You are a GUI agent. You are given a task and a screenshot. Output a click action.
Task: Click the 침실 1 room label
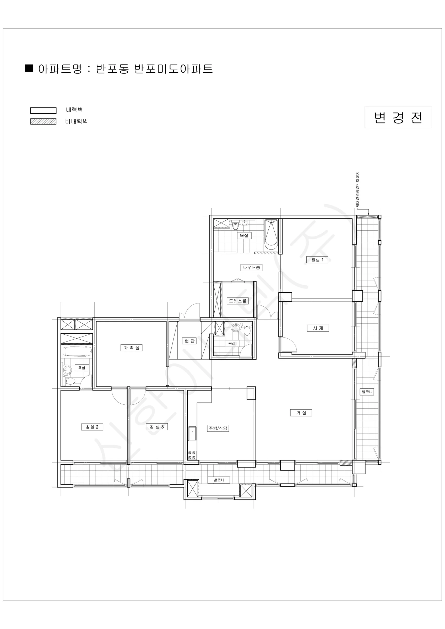317,260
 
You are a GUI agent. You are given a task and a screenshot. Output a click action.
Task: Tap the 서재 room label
318,328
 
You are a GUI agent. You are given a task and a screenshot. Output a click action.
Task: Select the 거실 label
301,413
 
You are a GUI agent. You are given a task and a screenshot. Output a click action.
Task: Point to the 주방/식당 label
218,428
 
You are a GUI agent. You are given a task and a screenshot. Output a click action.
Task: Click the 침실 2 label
92,427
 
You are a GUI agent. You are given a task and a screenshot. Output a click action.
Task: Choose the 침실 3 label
157,427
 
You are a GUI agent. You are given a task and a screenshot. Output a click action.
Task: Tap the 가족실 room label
131,348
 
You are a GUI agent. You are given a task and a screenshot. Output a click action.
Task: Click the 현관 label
189,341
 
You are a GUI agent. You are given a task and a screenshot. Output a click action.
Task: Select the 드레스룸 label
238,301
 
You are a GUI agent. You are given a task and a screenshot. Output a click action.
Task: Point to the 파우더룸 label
251,267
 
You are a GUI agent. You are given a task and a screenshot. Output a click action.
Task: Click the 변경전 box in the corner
398,117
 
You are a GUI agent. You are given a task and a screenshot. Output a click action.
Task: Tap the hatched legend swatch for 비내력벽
43,121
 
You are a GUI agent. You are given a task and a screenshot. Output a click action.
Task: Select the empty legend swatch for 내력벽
43,110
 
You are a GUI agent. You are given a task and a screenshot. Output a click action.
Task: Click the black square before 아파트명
29,68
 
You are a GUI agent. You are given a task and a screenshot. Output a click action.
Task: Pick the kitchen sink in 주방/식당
192,433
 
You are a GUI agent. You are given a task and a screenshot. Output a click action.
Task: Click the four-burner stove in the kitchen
192,455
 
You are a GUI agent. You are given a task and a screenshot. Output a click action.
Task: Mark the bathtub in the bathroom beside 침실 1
271,235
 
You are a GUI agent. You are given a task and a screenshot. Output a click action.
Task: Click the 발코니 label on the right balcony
367,392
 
